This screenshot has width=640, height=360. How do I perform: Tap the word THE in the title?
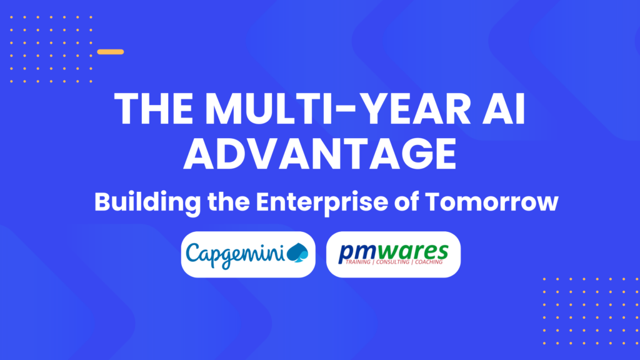coord(154,109)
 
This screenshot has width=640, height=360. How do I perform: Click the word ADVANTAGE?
coord(320,154)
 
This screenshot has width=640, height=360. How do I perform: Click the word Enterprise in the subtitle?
coord(322,202)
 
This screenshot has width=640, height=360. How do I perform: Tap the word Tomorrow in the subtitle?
coord(491,202)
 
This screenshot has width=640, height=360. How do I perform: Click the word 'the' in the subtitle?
coord(229,202)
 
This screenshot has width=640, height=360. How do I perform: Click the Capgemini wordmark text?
coord(235,255)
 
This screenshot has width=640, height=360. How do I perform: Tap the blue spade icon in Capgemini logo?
coord(297,252)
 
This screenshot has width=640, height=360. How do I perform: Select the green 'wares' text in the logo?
coord(414,251)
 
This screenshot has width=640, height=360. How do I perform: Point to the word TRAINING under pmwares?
coord(358,262)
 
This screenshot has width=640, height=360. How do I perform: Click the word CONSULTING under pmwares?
coord(392,262)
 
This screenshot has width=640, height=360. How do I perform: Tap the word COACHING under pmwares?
coord(429,262)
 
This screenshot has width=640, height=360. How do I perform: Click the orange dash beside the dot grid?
coord(111,52)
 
